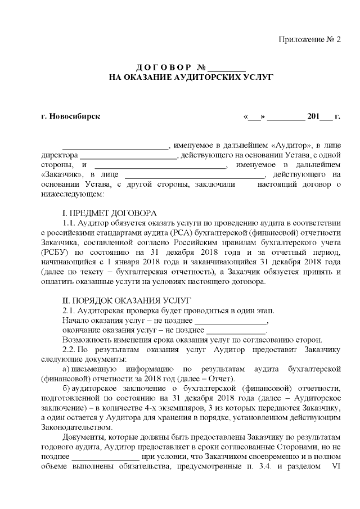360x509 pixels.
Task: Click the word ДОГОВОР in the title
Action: [160, 67]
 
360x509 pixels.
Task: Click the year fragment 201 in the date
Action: [313, 117]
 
